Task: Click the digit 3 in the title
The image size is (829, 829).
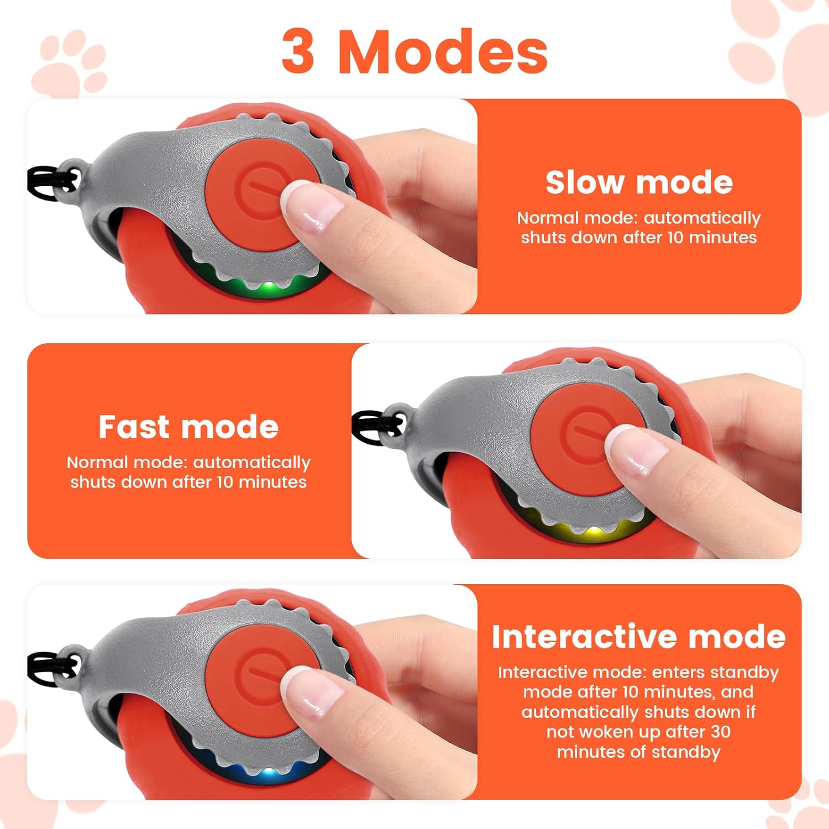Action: (x=298, y=51)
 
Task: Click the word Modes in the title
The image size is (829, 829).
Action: (x=443, y=51)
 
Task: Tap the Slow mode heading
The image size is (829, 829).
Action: (x=639, y=182)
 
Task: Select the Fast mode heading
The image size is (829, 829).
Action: (x=188, y=427)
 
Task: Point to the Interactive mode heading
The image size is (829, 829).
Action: (x=639, y=637)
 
